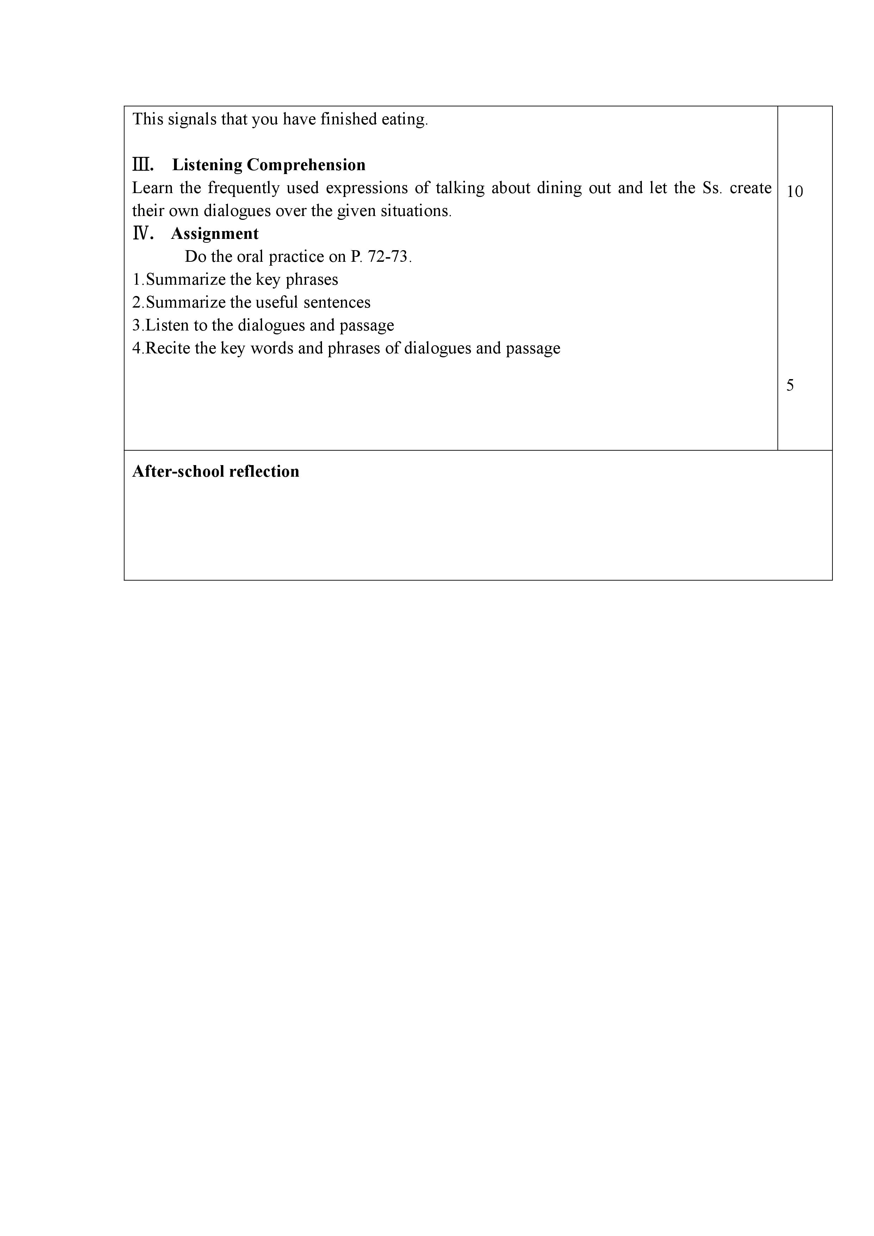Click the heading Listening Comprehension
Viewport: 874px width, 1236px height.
268,165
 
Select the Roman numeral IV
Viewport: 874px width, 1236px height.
143,234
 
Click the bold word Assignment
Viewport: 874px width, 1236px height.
215,234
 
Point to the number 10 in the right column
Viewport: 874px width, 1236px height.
794,192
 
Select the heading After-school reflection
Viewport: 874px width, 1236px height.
216,471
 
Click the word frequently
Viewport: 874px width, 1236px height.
244,188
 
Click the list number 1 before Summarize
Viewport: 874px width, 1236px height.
136,280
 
